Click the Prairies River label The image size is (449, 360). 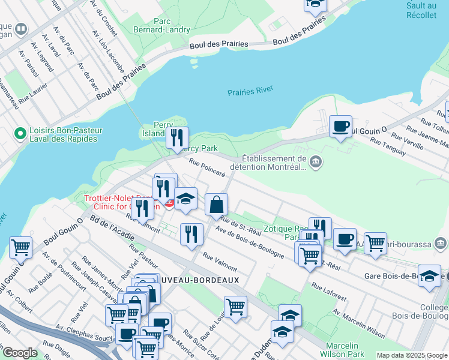pos(250,91)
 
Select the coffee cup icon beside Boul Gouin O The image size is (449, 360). pos(340,127)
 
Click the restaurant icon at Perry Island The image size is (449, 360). pos(177,138)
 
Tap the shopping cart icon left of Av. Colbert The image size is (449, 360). pos(20,247)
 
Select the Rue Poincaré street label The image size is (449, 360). pos(206,166)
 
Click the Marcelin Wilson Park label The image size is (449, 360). pos(343,350)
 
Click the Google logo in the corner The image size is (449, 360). pos(20,353)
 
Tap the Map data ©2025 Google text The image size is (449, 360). pos(411,355)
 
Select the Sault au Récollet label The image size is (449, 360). pos(421,10)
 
